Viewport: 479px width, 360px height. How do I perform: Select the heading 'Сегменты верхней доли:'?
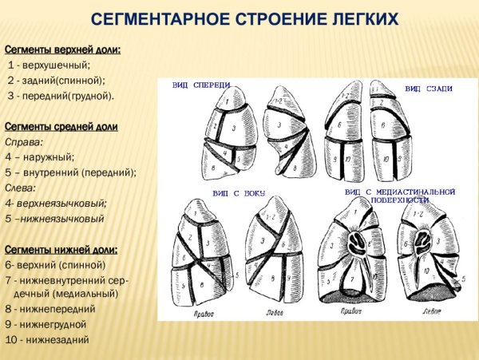coord(63,49)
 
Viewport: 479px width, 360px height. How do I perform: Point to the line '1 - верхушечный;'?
coord(49,65)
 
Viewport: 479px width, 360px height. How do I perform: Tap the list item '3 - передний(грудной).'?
coord(61,96)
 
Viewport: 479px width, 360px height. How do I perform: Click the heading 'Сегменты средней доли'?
coord(61,127)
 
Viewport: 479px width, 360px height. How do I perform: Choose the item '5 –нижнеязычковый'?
coord(55,218)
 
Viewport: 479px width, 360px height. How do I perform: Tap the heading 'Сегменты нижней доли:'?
coord(61,249)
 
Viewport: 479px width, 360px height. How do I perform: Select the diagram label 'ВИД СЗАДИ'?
coord(428,89)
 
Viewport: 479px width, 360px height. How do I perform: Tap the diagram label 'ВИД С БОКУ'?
coord(239,194)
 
